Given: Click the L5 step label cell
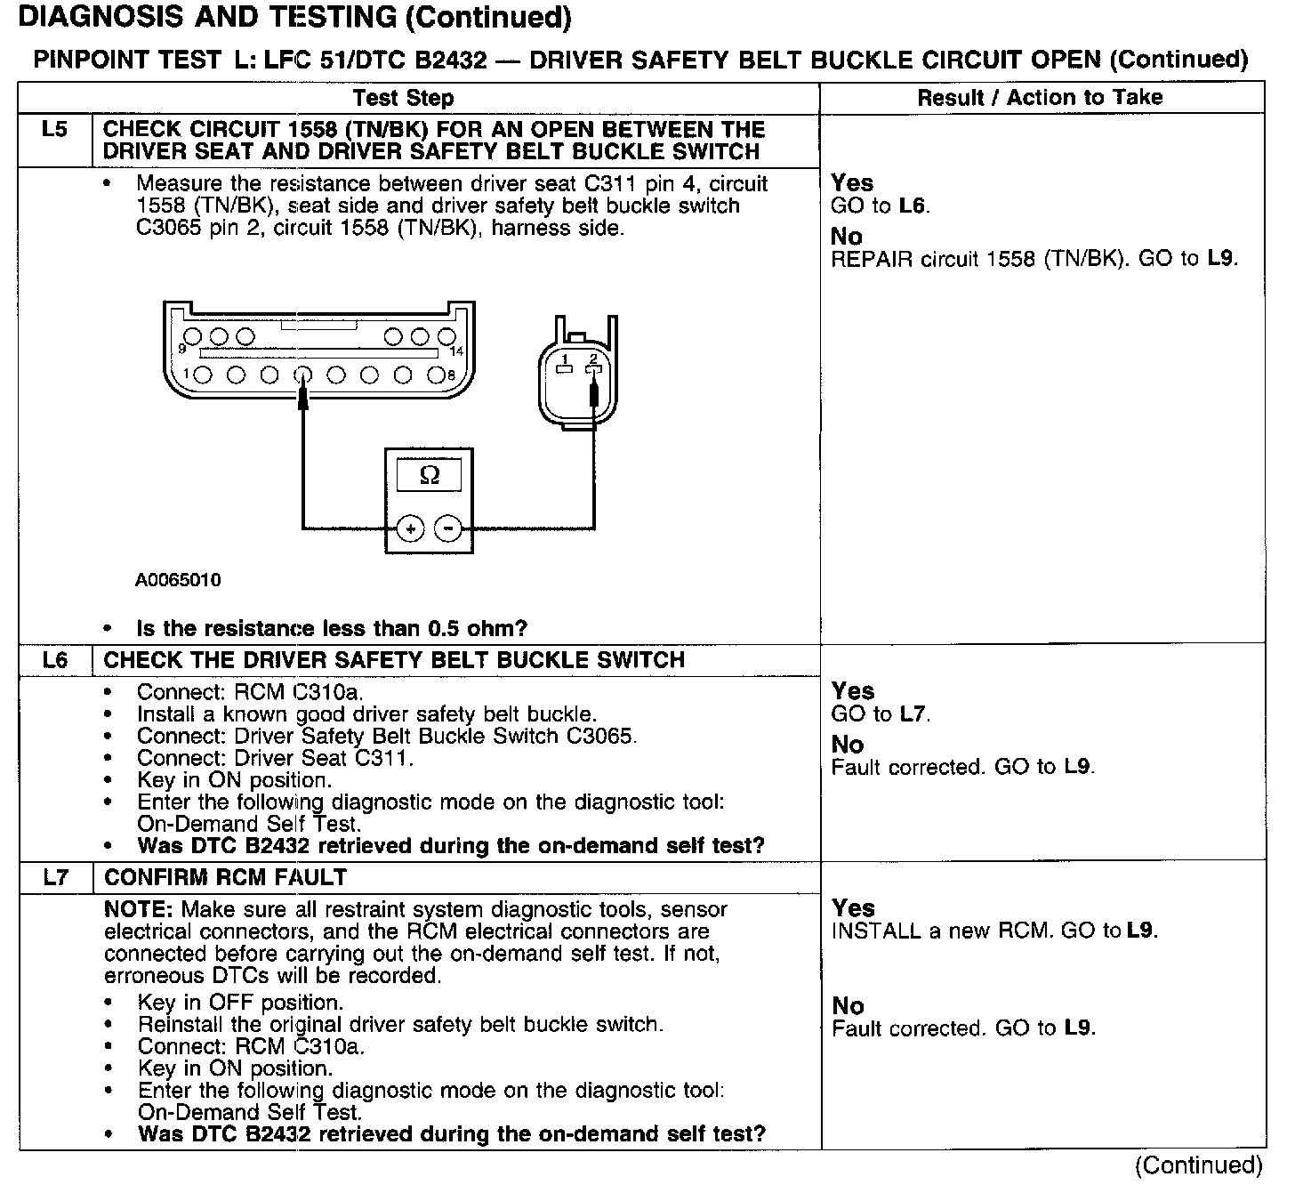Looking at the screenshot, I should click(54, 130).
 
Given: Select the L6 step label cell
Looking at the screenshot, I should click(55, 660).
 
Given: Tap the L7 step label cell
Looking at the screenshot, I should click(55, 877).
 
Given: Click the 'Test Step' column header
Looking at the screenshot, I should click(403, 98).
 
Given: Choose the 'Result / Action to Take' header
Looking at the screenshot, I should click(1040, 97).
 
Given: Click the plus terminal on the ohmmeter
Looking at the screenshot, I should click(410, 529).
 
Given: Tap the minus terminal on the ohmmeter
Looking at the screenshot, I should click(448, 529).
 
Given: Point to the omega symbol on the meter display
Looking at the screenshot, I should click(429, 476).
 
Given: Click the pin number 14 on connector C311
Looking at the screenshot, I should click(457, 351).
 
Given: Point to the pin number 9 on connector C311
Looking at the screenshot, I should click(182, 348).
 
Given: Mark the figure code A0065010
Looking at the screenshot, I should click(178, 580).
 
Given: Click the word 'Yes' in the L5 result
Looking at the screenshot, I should click(851, 183).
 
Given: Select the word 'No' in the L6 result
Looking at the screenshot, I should click(847, 744).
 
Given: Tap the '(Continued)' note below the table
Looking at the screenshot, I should click(1198, 1165).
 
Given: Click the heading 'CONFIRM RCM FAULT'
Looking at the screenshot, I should click(225, 877).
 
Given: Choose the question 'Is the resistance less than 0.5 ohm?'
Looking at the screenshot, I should click(332, 628).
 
